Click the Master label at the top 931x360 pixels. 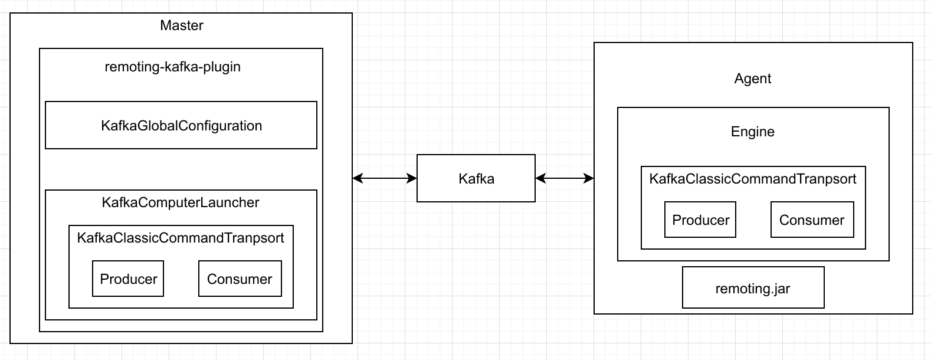tap(182, 25)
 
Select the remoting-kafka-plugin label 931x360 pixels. tap(173, 67)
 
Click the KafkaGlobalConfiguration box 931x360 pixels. tap(181, 125)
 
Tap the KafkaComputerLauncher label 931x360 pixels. tap(181, 202)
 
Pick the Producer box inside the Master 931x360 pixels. tap(128, 279)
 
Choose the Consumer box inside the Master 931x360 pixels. tap(240, 279)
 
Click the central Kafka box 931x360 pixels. tap(476, 178)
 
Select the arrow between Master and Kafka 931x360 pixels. tap(385, 178)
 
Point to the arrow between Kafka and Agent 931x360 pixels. tap(565, 178)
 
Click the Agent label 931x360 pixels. tap(753, 78)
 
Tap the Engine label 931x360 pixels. tap(753, 132)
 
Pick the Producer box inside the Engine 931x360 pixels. tap(700, 220)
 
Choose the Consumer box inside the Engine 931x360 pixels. tap(812, 220)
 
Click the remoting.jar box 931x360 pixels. tap(753, 288)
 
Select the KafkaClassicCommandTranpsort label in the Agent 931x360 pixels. tap(753, 178)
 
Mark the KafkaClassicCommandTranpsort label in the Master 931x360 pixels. tap(181, 237)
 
